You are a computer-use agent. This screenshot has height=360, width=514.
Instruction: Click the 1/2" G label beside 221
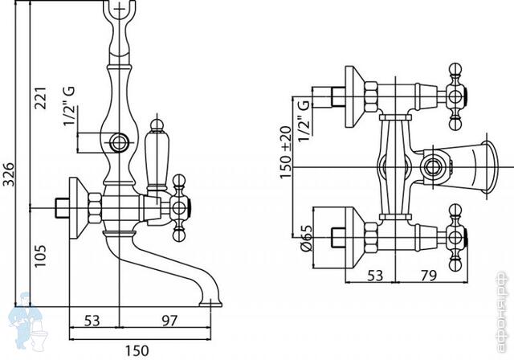tap(70, 125)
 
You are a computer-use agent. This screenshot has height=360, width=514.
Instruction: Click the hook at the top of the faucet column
tap(122, 12)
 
